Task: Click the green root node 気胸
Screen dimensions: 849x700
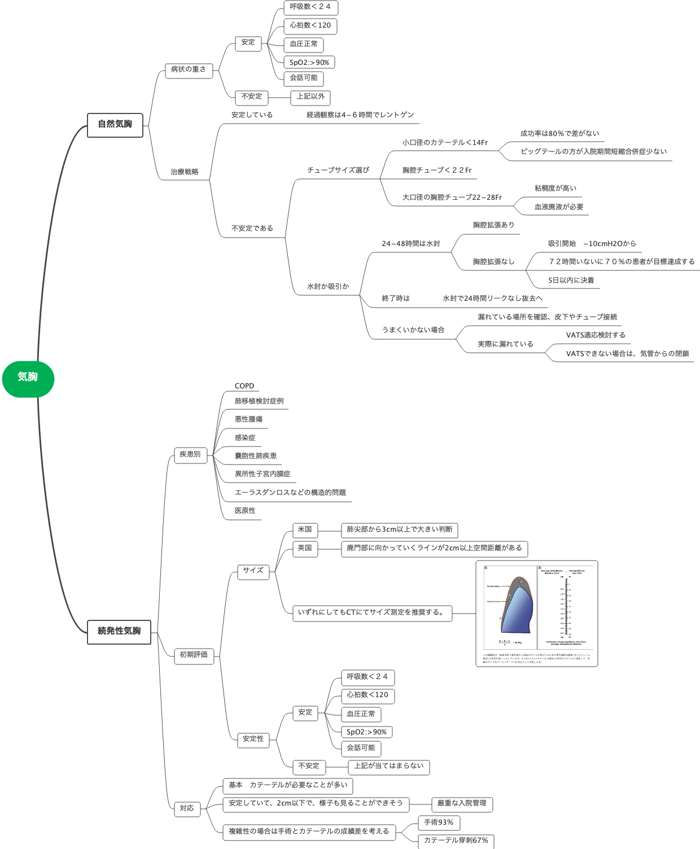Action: click(x=28, y=378)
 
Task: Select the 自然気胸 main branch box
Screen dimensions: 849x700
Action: click(x=115, y=125)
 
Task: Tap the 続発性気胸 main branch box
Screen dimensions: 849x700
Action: click(x=119, y=632)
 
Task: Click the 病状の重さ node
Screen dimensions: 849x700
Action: click(x=189, y=70)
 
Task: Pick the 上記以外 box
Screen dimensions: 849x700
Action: click(x=310, y=97)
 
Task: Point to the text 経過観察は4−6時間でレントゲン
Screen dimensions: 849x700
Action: click(x=360, y=115)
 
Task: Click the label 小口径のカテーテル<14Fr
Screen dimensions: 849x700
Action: click(x=445, y=143)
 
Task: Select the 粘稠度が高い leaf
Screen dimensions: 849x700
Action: click(x=555, y=189)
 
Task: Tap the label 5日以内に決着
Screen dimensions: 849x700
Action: click(x=571, y=281)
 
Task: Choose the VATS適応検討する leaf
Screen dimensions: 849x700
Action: click(x=596, y=335)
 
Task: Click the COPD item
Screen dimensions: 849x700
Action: click(x=244, y=386)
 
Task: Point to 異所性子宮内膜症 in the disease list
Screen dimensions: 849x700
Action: click(x=262, y=474)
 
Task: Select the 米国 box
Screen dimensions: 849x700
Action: click(x=305, y=530)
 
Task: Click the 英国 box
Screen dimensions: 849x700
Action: click(x=305, y=549)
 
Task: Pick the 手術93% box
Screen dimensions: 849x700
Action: click(x=439, y=823)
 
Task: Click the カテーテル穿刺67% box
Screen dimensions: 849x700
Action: click(x=456, y=841)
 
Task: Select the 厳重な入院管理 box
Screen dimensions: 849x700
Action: click(x=462, y=804)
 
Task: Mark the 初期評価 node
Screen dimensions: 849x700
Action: click(x=194, y=655)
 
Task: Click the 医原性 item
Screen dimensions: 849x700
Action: click(x=245, y=511)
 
